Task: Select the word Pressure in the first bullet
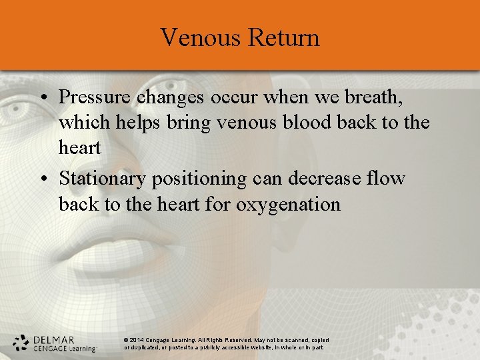pos(95,97)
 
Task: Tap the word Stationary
pos(103,179)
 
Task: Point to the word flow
pos(387,179)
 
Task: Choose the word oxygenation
pos(288,204)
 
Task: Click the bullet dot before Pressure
pos(42,98)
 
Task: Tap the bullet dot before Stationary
pos(42,179)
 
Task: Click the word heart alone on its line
pos(79,147)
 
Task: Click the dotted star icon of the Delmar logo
pos(21,343)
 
